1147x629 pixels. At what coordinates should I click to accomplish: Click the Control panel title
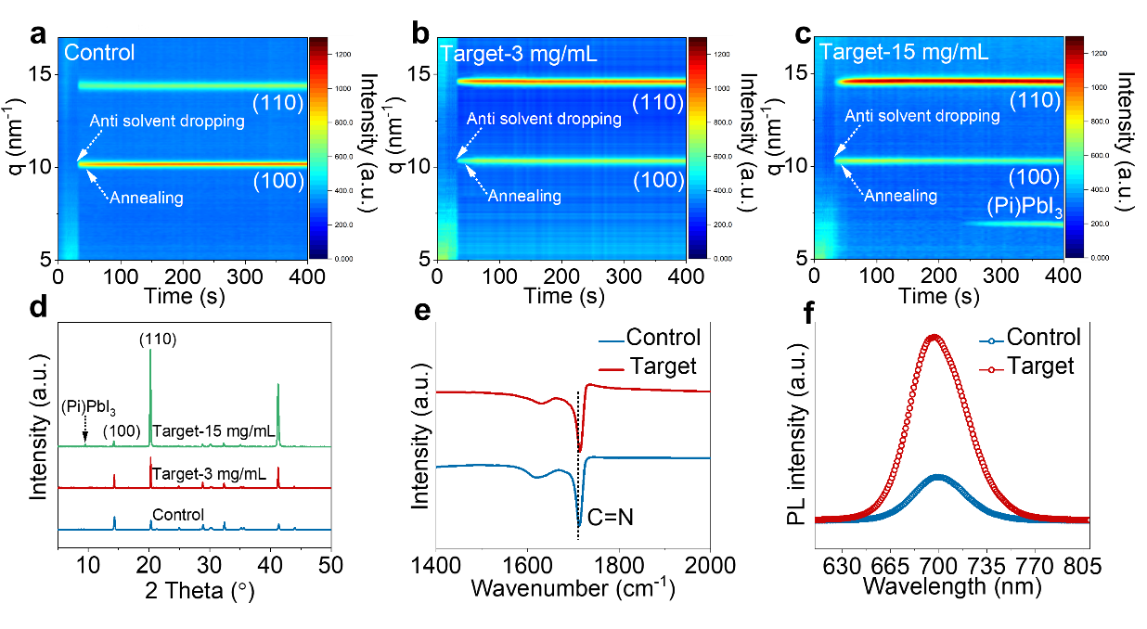coord(99,53)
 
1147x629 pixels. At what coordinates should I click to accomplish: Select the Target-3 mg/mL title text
coord(519,54)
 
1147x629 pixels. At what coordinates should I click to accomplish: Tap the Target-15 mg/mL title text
coord(903,52)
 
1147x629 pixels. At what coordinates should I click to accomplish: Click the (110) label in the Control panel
coord(278,103)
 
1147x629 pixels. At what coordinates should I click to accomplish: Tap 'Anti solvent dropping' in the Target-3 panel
coord(544,119)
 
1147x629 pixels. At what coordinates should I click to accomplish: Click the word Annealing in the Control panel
coord(146,198)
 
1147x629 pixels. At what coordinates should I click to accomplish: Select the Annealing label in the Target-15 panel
coord(900,196)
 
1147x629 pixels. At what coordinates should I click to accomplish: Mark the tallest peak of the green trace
coord(150,351)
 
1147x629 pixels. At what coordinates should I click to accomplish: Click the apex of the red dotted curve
coord(934,336)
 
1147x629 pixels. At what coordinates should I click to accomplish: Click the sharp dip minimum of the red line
coord(580,449)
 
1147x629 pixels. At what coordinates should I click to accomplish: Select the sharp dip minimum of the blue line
coord(579,524)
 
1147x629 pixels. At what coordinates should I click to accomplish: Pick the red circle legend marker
coord(992,370)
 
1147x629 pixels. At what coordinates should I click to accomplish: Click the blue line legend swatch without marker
coord(611,341)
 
